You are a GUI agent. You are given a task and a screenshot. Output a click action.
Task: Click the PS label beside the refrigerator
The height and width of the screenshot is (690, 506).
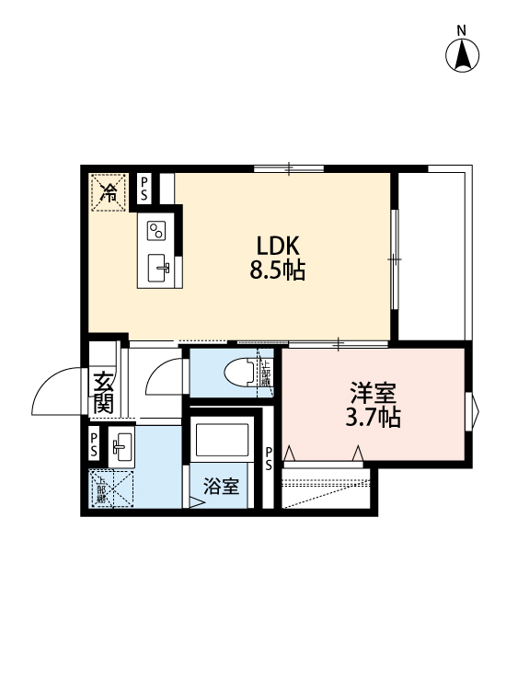[x=144, y=189]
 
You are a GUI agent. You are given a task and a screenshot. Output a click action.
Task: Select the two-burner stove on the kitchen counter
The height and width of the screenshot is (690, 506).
[x=155, y=229]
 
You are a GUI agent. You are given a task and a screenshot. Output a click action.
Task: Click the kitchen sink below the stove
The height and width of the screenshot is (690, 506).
[x=160, y=269]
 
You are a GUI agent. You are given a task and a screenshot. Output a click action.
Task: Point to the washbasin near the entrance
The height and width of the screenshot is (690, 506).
[x=121, y=448]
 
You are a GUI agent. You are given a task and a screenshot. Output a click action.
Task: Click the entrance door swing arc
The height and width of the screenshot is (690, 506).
[x=57, y=391]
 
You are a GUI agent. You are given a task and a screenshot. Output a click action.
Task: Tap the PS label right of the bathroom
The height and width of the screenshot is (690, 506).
[x=269, y=458]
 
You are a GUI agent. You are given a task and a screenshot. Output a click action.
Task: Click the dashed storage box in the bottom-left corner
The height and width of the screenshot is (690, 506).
[x=110, y=489]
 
